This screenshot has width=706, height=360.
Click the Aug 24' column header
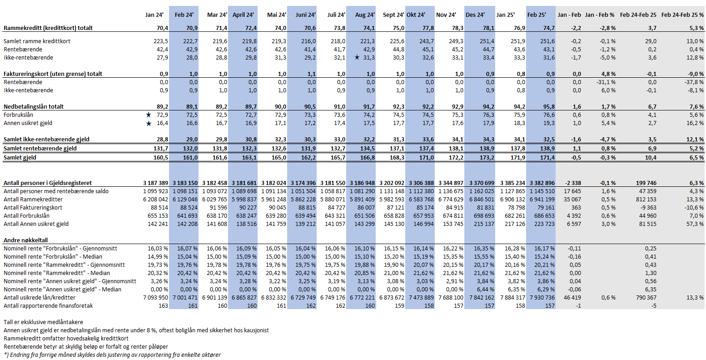(x=365, y=15)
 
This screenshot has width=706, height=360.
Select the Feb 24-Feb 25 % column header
(x=682, y=15)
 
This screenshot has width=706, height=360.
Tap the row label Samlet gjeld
(x=20, y=158)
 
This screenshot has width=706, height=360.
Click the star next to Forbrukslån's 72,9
(x=149, y=115)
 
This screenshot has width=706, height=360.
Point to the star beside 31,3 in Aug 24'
(x=357, y=57)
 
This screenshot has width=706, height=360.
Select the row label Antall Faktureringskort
(x=33, y=208)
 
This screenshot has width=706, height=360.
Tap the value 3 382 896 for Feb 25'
(x=542, y=183)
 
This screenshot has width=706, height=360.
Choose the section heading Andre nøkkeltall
(x=25, y=240)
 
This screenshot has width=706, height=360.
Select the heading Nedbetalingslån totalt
(x=34, y=106)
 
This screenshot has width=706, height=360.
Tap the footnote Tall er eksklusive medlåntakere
(x=43, y=322)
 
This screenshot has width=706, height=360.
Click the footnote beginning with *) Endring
(x=112, y=355)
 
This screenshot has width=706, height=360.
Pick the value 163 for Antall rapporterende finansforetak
(x=163, y=306)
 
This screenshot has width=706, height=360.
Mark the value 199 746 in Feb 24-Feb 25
(x=646, y=183)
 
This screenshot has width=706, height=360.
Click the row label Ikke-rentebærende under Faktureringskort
(x=28, y=90)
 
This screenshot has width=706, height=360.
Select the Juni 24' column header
(x=305, y=15)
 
